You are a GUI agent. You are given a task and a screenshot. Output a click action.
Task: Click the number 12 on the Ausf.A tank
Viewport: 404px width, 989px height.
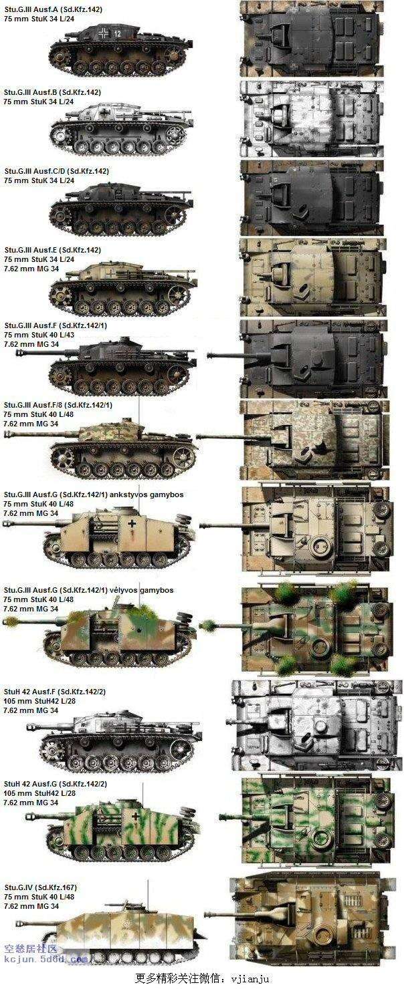[x=116, y=33]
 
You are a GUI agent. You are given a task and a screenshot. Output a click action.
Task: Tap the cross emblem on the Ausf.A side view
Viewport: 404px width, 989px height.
[x=104, y=33]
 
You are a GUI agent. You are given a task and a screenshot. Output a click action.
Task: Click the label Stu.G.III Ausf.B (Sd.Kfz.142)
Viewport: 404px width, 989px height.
[x=53, y=92]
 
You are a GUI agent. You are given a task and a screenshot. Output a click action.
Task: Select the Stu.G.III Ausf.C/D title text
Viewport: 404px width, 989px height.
[x=56, y=171]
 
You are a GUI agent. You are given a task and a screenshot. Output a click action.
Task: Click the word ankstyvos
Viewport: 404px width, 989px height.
[x=128, y=494]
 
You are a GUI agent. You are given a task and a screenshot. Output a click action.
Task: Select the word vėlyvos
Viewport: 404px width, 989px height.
[x=123, y=590]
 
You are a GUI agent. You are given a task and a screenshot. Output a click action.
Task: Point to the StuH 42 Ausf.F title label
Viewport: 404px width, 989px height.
[x=55, y=692]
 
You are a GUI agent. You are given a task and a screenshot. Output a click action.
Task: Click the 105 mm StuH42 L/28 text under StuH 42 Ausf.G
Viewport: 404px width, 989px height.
[x=39, y=793]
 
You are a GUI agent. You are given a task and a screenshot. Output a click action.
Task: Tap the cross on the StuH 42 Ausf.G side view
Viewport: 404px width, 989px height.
[x=136, y=817]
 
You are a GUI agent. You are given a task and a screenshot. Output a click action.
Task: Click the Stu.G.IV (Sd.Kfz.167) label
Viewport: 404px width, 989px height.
[x=40, y=887]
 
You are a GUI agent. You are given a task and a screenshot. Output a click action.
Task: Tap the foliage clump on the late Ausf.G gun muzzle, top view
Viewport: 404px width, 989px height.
[x=207, y=625]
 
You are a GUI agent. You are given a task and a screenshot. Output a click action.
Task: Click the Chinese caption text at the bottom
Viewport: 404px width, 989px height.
[x=202, y=978]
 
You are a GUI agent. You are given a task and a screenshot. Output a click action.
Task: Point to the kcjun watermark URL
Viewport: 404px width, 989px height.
[x=46, y=959]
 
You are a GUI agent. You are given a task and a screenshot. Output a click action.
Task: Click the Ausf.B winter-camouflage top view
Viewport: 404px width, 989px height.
[x=312, y=118]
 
